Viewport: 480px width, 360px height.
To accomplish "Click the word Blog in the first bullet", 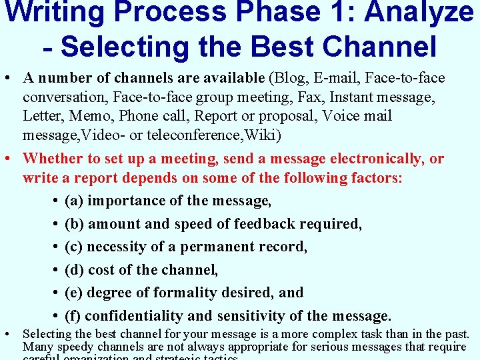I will coord(287,79).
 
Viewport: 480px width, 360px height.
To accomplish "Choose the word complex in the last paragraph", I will coord(329,334).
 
